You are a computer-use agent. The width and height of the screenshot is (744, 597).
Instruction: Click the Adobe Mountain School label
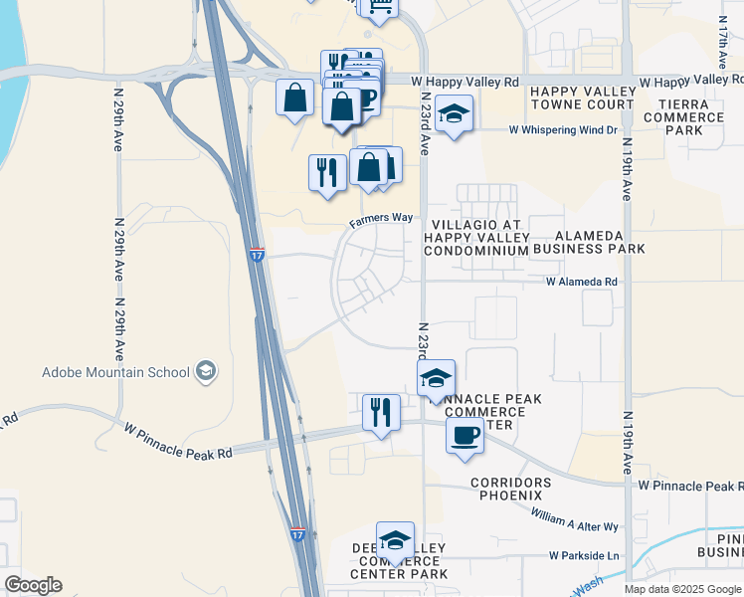pyautogui.click(x=115, y=373)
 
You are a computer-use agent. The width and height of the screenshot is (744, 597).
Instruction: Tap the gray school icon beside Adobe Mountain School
pyautogui.click(x=206, y=372)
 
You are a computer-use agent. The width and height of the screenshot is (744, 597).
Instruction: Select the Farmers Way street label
pyautogui.click(x=380, y=222)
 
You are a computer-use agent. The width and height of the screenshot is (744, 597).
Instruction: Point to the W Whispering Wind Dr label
pyautogui.click(x=563, y=129)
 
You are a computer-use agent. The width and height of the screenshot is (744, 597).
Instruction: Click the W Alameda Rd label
pyautogui.click(x=582, y=282)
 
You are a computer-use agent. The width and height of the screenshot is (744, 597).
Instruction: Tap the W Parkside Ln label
pyautogui.click(x=584, y=555)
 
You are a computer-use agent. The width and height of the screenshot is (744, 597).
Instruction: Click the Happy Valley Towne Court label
pyautogui.click(x=582, y=98)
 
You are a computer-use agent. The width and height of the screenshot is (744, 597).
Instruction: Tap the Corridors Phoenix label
pyautogui.click(x=506, y=489)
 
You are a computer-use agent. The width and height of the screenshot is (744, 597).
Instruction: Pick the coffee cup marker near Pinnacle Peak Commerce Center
pyautogui.click(x=464, y=434)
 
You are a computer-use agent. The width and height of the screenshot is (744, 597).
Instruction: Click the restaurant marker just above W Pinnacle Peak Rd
pyautogui.click(x=380, y=410)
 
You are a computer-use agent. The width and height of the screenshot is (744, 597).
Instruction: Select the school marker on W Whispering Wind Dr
pyautogui.click(x=454, y=113)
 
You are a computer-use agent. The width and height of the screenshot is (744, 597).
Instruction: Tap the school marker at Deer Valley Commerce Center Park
pyautogui.click(x=395, y=539)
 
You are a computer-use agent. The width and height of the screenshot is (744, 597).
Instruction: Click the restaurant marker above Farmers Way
pyautogui.click(x=327, y=172)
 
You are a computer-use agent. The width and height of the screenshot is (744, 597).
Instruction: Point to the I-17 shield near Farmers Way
pyautogui.click(x=257, y=255)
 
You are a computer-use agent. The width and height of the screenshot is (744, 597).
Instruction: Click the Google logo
pyautogui.click(x=33, y=585)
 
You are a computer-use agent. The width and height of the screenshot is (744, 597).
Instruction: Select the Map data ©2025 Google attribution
pyautogui.click(x=682, y=589)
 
